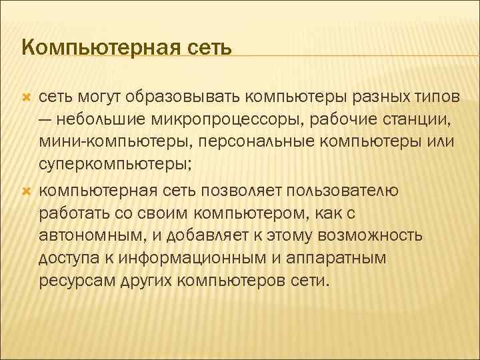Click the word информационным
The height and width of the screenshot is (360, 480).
point(179,258)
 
